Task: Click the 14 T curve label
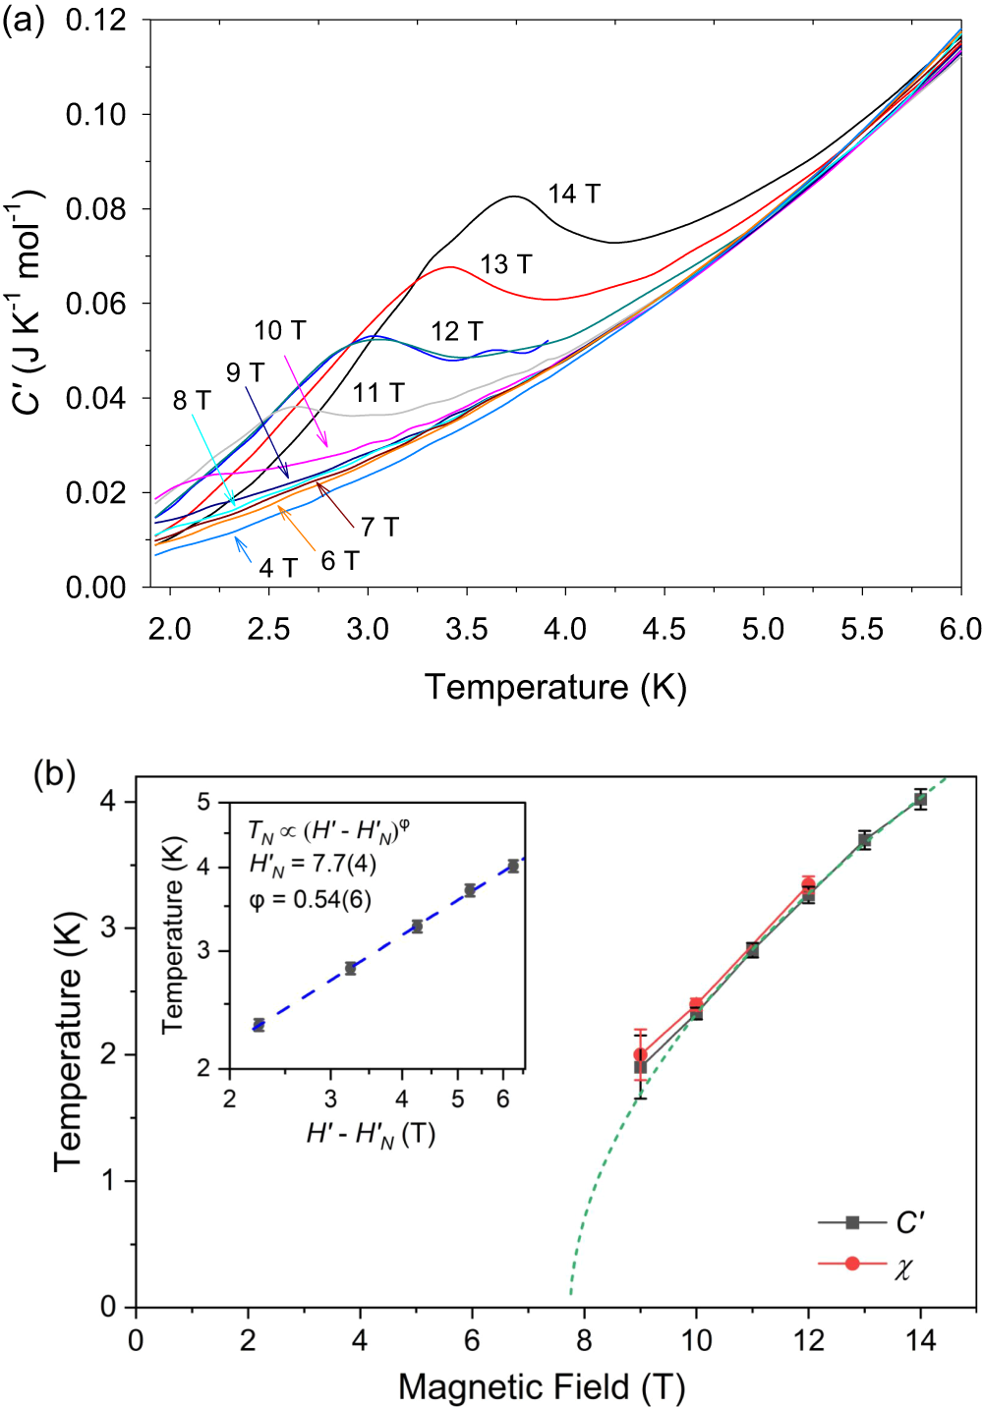pos(574,195)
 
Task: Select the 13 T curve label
pos(506,264)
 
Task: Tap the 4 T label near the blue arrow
pos(278,568)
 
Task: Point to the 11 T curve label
pos(378,393)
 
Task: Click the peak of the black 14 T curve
pos(514,197)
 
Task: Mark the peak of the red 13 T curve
pos(450,266)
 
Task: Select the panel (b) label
pos(54,774)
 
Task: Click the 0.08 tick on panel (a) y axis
pos(95,209)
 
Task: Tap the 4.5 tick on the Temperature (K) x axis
pos(665,629)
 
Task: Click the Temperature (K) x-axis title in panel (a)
pos(555,687)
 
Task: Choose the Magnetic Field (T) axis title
pos(542,1387)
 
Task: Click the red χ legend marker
pos(852,1263)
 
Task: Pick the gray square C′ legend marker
pos(852,1222)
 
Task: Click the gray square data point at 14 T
pos(920,800)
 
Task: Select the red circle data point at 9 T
pos(640,1055)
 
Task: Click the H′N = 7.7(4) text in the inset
pos(313,864)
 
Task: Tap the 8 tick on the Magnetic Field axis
pos(584,1340)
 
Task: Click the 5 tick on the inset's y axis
pos(203,802)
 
